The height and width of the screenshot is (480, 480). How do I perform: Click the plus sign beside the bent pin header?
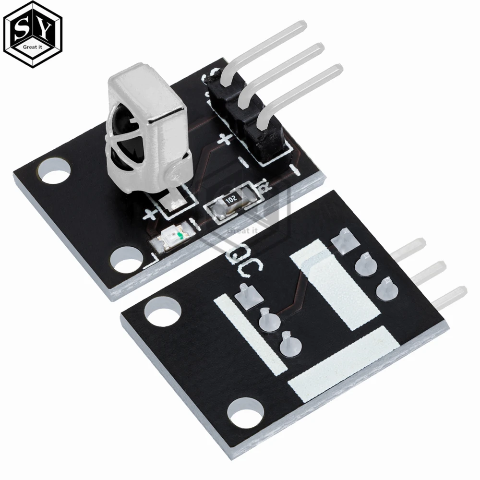[x=225, y=140]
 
